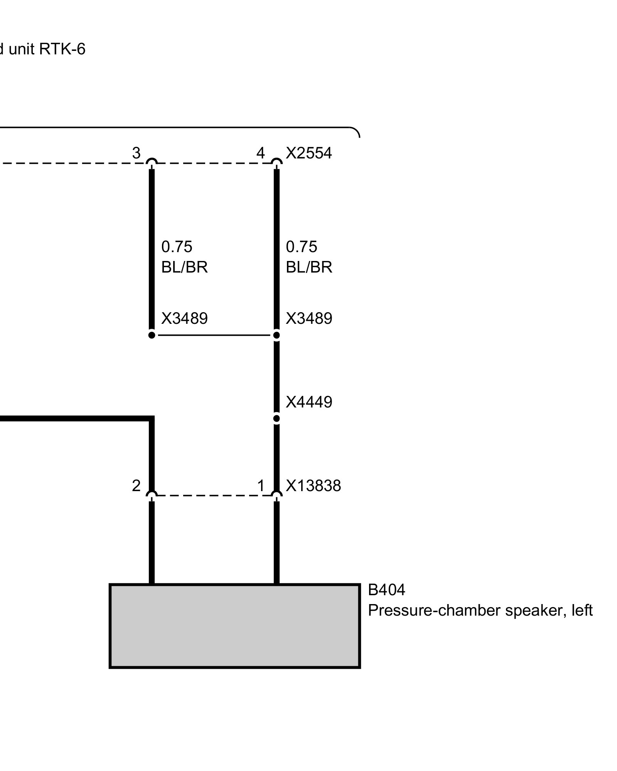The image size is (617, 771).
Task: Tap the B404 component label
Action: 386,590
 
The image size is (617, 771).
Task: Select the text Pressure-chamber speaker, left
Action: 480,611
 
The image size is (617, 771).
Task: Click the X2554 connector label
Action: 308,153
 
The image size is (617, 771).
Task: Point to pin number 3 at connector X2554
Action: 136,153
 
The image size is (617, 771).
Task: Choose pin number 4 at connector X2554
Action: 261,153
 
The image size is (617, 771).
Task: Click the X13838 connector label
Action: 313,486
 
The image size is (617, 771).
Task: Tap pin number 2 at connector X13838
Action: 136,486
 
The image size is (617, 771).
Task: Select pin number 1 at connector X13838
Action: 261,486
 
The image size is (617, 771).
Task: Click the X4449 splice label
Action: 308,402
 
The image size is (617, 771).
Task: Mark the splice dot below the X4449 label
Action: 276,419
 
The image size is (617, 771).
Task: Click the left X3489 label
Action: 184,318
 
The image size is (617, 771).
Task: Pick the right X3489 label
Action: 308,318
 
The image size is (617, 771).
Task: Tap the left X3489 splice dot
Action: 152,335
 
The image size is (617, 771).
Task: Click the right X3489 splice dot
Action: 276,335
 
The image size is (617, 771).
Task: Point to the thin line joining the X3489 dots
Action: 214,335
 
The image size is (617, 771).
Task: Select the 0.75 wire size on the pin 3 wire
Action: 177,247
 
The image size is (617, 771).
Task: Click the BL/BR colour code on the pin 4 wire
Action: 308,267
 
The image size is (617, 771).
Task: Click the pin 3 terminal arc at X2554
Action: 152,162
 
